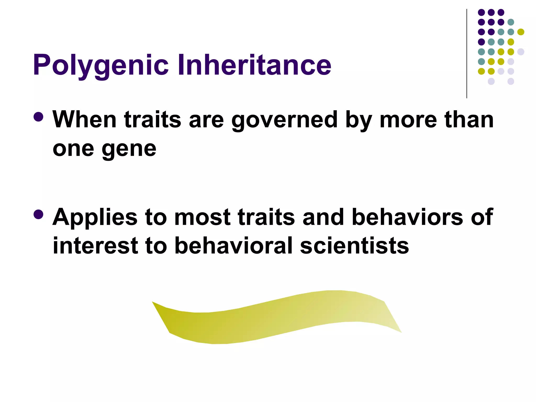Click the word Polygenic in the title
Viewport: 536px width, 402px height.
click(x=101, y=65)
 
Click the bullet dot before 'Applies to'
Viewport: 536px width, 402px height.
click(x=38, y=215)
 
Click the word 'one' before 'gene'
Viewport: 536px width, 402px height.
click(x=73, y=149)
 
